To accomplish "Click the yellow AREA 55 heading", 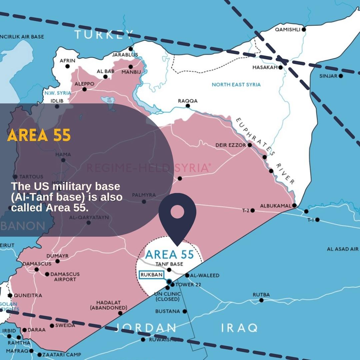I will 39,135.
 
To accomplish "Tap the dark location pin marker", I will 177,217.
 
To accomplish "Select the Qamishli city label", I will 287,29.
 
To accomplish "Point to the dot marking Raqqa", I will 188,106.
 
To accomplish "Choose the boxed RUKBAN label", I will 151,275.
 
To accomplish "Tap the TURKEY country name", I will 104,34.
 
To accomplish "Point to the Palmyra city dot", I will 144,202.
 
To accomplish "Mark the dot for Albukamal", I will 294,205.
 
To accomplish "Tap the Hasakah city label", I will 265,67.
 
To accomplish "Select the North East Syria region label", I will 236,85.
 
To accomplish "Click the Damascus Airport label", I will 65,277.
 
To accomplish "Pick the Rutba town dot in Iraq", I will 261,300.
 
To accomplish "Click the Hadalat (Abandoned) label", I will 109,305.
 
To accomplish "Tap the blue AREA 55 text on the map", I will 170,255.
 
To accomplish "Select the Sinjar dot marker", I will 341,76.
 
